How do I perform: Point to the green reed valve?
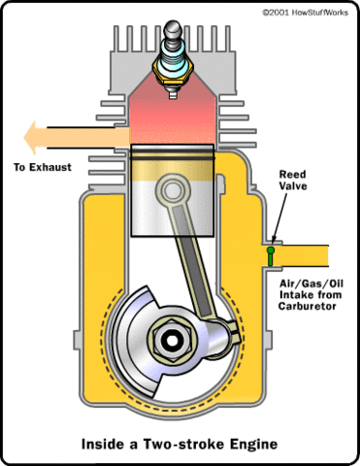coord(272,254)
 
